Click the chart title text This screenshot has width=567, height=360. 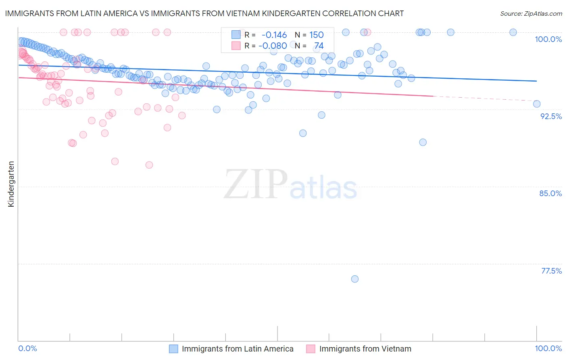204,13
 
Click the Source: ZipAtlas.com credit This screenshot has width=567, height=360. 531,13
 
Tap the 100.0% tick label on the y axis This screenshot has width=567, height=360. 548,39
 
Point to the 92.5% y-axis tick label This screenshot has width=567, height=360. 551,116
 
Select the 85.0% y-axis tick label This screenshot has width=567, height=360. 550,193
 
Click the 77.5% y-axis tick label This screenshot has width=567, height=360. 551,271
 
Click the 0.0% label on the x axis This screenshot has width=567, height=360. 28,348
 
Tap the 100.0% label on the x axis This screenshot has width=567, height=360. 548,348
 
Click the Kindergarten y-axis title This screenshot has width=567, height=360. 11,184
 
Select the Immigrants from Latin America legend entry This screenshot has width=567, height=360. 238,349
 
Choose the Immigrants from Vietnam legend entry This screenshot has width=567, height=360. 365,349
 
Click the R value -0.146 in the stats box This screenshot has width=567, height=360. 274,35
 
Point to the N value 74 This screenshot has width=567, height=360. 319,46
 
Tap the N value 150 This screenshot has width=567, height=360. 316,35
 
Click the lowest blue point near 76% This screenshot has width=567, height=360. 355,279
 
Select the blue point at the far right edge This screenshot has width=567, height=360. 537,104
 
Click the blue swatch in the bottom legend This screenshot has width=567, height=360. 173,349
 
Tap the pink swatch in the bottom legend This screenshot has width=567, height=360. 311,349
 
